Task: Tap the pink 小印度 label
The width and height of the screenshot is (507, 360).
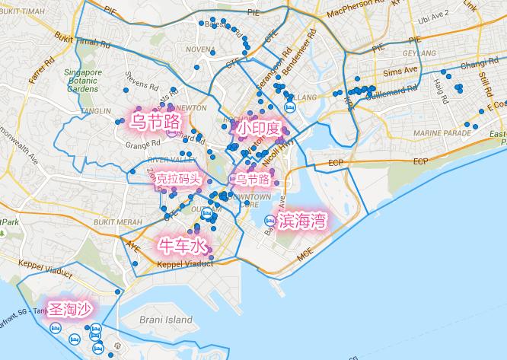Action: pos(258,129)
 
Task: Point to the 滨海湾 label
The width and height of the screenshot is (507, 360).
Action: pos(302,221)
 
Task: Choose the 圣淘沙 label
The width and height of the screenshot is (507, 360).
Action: pos(69,309)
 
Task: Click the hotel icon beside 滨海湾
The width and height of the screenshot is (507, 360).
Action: pos(269,221)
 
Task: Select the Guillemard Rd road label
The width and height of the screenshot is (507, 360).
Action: pos(391,91)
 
